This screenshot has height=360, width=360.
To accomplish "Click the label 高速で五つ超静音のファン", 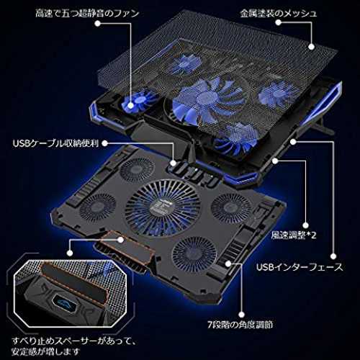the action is pyautogui.click(x=87, y=13).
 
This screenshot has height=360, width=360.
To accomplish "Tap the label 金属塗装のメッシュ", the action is pyautogui.click(x=279, y=13).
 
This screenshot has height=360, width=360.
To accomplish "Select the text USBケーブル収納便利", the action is pyautogui.click(x=55, y=143).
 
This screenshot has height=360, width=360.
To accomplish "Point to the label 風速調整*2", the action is pyautogui.click(x=294, y=235).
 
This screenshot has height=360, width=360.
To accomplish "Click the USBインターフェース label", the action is pyautogui.click(x=300, y=267).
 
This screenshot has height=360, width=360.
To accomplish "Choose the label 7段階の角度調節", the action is pyautogui.click(x=240, y=325).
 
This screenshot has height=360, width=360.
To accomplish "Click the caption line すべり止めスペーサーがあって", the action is pyautogui.click(x=74, y=341).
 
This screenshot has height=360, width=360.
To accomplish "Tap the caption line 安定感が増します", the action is pyautogui.click(x=45, y=351).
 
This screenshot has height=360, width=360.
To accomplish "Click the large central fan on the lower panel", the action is pyautogui.click(x=163, y=208).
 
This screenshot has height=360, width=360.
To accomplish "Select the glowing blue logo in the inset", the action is pyautogui.click(x=64, y=303).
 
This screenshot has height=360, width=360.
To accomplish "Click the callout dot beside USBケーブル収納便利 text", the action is pyautogui.click(x=104, y=143).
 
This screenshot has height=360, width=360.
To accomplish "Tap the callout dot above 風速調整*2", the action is pyautogui.click(x=305, y=225).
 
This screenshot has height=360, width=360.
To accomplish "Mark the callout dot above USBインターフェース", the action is pyautogui.click(x=333, y=256).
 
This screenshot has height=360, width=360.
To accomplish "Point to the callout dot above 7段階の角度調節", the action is pyautogui.click(x=241, y=315).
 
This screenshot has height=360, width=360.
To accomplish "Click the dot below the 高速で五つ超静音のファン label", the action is pyautogui.click(x=97, y=23).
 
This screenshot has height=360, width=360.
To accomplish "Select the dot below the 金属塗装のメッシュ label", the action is pyautogui.click(x=278, y=22).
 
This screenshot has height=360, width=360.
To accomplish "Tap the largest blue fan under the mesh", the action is pyautogui.click(x=207, y=101).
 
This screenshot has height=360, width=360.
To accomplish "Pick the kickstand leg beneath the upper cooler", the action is pyautogui.click(x=322, y=125).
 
